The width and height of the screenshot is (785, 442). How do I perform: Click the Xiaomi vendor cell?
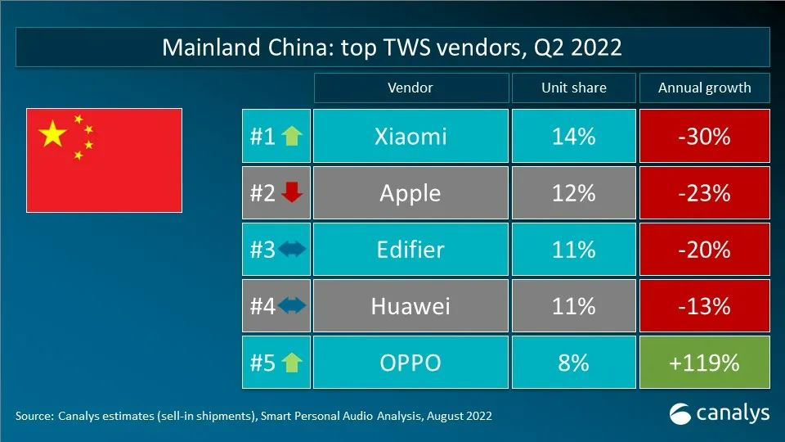tap(410, 136)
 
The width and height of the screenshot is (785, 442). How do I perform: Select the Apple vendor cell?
tap(410, 193)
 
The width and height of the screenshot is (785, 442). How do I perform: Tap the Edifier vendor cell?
tap(410, 250)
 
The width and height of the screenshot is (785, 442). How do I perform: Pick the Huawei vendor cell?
tap(410, 306)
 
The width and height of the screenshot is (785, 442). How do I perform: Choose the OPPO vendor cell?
tap(410, 363)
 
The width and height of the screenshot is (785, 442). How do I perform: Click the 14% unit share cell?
tap(573, 136)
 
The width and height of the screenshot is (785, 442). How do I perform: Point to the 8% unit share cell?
tap(573, 363)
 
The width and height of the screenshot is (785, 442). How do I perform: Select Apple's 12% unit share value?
tap(573, 193)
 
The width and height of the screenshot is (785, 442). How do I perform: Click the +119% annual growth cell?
tap(704, 363)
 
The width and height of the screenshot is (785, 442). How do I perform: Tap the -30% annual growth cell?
tap(704, 136)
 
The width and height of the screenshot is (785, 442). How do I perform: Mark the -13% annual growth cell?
tap(704, 306)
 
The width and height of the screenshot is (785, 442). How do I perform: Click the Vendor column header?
tap(410, 88)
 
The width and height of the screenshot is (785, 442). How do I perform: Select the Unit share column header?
tap(573, 88)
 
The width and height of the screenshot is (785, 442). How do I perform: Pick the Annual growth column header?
tap(704, 88)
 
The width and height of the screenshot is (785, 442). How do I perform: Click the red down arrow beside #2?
tap(292, 193)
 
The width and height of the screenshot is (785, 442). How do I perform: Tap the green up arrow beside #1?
tap(292, 136)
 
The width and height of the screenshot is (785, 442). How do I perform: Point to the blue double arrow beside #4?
tap(292, 306)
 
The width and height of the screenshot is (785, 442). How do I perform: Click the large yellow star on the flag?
tap(53, 133)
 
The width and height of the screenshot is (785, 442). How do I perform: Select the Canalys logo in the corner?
tap(719, 413)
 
